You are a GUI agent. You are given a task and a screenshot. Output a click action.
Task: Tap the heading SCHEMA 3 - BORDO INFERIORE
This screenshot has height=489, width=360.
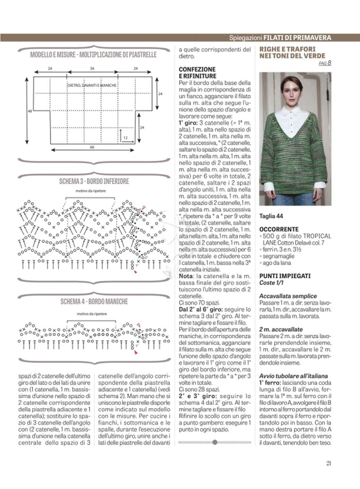[x=94, y=181]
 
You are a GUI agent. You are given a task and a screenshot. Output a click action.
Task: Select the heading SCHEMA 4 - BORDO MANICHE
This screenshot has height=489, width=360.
[x=94, y=302]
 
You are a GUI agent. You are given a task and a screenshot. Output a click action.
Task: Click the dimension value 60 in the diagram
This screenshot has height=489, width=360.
[x=92, y=147]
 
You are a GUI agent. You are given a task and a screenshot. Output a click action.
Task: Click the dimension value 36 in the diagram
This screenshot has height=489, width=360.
[x=92, y=68]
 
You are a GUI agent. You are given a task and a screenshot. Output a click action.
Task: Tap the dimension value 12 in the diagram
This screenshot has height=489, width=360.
[x=125, y=138]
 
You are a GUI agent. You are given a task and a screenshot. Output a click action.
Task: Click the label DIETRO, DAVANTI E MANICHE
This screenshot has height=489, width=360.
[x=92, y=85]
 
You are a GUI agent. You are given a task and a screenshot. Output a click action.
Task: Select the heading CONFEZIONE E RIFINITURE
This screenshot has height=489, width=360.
[x=197, y=73]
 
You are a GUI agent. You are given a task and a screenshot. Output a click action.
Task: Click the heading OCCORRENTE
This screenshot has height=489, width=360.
[x=279, y=229]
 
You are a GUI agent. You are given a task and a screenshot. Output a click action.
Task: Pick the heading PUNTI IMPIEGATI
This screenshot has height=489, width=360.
[x=285, y=276]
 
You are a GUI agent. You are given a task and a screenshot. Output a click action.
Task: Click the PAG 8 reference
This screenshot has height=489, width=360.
[x=325, y=63]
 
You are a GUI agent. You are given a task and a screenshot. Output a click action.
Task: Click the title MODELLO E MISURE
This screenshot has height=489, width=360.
[x=54, y=55]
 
